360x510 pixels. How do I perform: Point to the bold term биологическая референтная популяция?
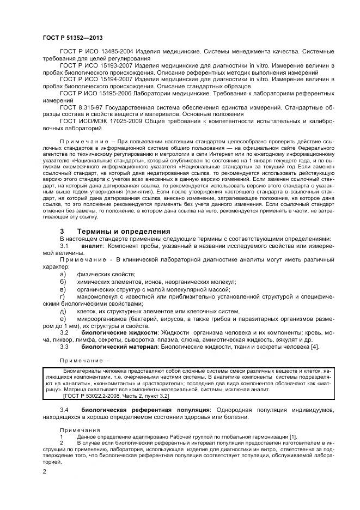click(x=145, y=409)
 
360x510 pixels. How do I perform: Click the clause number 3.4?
click(x=64, y=409)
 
